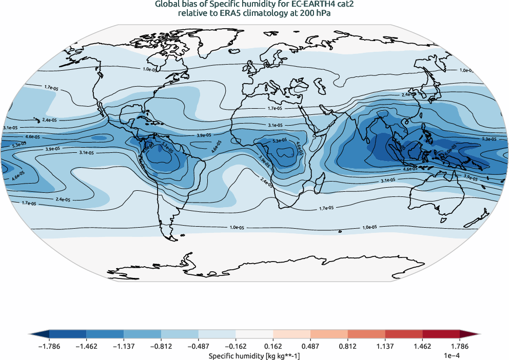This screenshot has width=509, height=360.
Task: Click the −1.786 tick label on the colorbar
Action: pos(49,347)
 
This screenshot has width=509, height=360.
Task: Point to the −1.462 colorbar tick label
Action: pos(87,347)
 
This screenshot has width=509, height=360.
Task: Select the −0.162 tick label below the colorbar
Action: pos(236,347)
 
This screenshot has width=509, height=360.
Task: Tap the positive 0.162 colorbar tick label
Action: pos(273,347)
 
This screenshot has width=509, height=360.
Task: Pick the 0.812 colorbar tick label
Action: pos(348,347)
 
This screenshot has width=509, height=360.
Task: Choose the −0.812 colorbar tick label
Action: pos(161,347)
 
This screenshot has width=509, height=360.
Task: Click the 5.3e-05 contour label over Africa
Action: pos(280,141)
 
